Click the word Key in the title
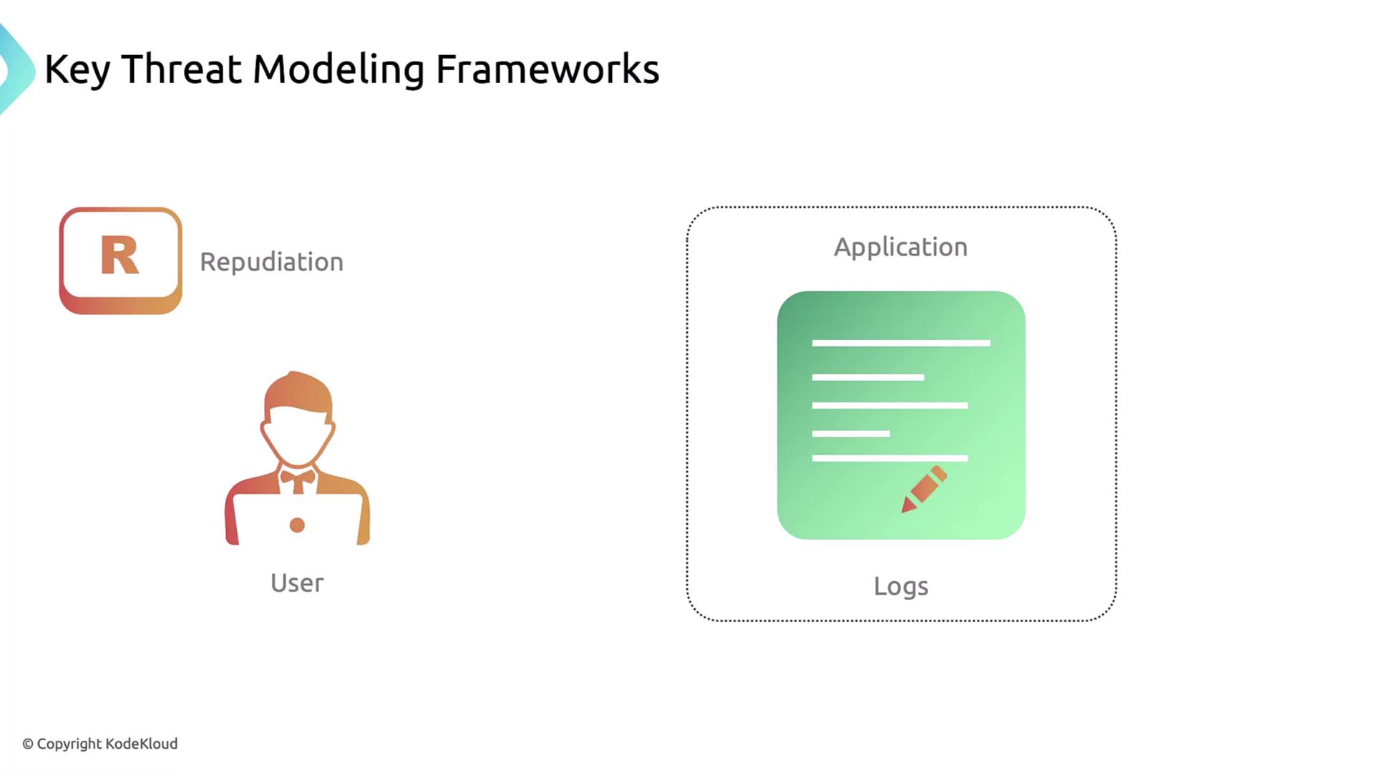coord(77,70)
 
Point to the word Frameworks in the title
coord(547,69)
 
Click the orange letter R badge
coord(120,261)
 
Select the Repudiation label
coord(272,262)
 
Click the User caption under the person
coord(297,583)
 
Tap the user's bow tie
coord(298,476)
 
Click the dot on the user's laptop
coord(297,525)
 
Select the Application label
coord(900,248)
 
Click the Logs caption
coord(901,586)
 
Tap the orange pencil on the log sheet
coord(924,489)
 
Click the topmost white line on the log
coord(901,343)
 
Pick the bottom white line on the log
coord(890,458)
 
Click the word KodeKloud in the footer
coord(142,744)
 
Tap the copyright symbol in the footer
coord(28,744)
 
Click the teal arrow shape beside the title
coord(16,69)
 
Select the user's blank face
coord(298,437)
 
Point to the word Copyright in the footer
coord(69,744)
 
